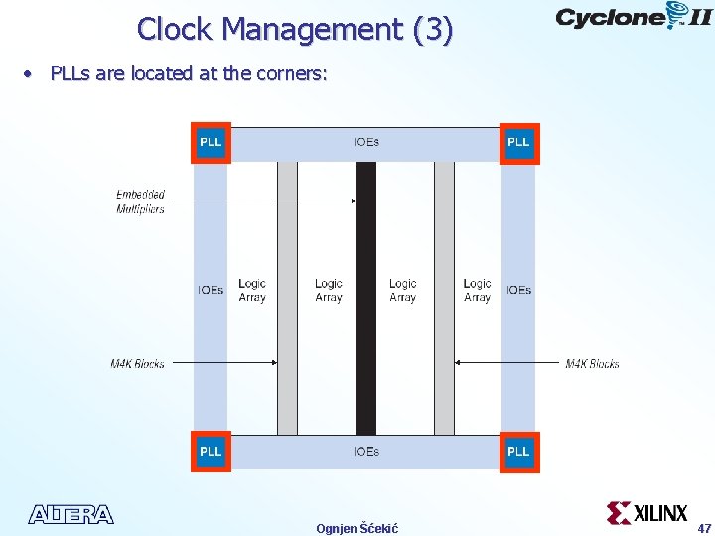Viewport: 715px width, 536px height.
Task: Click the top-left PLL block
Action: click(211, 142)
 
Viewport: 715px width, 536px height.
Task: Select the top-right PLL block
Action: click(518, 142)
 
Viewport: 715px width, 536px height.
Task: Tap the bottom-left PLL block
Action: click(211, 452)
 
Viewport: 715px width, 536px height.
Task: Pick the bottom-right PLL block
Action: click(518, 452)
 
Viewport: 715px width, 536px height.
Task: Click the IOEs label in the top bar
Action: click(365, 142)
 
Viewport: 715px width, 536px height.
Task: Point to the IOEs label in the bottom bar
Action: click(365, 452)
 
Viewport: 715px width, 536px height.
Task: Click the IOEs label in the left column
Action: click(211, 290)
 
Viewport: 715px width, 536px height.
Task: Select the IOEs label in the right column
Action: click(518, 290)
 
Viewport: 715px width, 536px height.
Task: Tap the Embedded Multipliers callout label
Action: click(140, 201)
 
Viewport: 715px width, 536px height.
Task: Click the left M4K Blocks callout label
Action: click(137, 364)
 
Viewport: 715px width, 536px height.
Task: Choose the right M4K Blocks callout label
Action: click(592, 364)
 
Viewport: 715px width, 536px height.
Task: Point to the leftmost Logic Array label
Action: click(252, 290)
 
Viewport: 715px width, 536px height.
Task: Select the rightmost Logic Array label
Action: click(477, 290)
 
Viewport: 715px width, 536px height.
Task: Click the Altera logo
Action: click(71, 514)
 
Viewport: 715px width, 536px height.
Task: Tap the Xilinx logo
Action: click(647, 513)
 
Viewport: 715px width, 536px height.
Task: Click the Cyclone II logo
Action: click(633, 17)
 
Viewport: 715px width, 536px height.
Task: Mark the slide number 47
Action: click(704, 528)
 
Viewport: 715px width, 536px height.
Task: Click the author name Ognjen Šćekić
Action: click(357, 528)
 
